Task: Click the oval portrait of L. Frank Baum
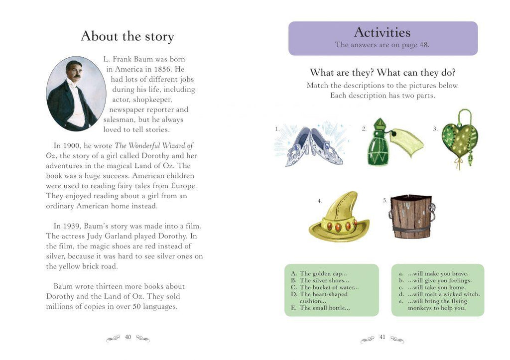click(73, 94)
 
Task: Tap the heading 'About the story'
click(127, 36)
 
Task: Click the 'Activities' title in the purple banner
click(382, 32)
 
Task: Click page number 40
click(128, 337)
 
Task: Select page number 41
click(382, 337)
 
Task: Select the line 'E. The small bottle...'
click(321, 308)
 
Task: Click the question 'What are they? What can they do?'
click(382, 73)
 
